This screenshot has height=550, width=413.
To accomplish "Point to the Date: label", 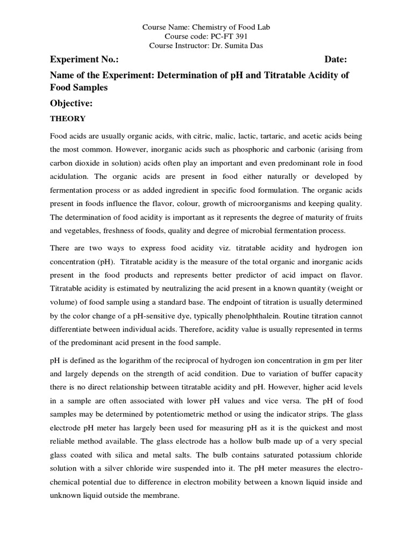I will point(336,59).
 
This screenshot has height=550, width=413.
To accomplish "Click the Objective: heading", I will point(72,103).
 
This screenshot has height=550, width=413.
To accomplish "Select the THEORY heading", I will point(67,118).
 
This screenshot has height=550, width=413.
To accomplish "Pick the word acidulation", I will point(70,177).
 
